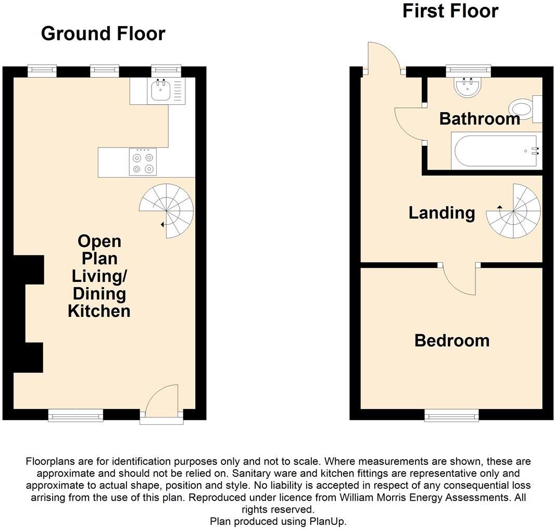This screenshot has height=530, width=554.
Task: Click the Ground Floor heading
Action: pos(103,33)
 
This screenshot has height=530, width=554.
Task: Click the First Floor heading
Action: pos(450,10)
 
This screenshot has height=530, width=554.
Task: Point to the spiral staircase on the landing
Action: pos(514,211)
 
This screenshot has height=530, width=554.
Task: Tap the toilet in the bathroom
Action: pos(523,108)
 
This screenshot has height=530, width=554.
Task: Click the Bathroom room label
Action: pos(480,119)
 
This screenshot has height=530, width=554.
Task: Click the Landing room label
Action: pos(442,213)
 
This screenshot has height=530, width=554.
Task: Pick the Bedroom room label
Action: pos(451,341)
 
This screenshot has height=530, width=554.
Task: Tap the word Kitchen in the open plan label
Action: pos(99,312)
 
